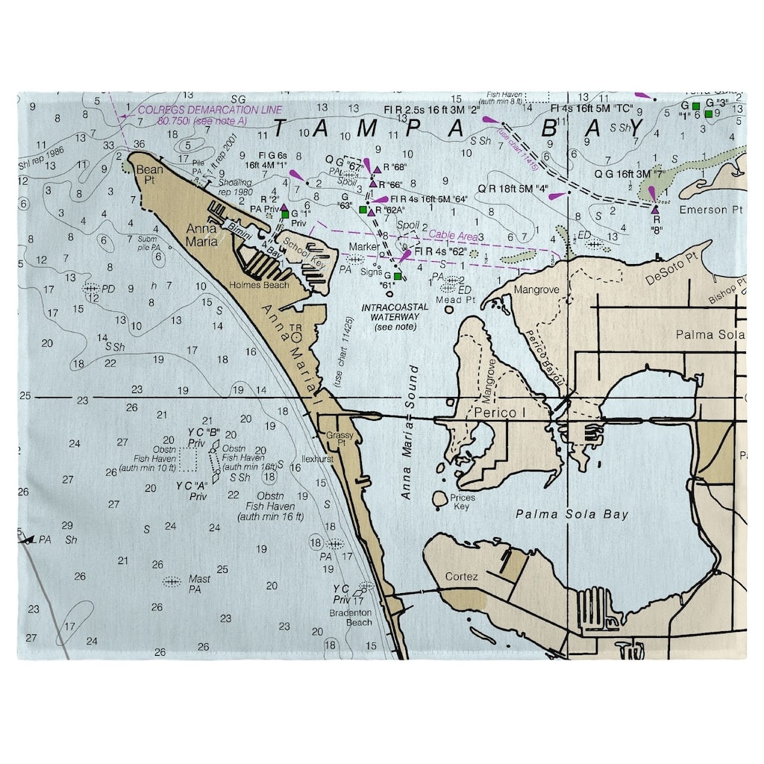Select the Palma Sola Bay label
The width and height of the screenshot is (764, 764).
pos(572,514)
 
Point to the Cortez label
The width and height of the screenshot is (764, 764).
pos(460,577)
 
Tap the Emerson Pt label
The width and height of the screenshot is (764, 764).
pos(711,210)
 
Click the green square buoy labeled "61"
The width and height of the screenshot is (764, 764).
pos(397,277)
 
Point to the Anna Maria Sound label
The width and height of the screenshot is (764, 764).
pos(410,433)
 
